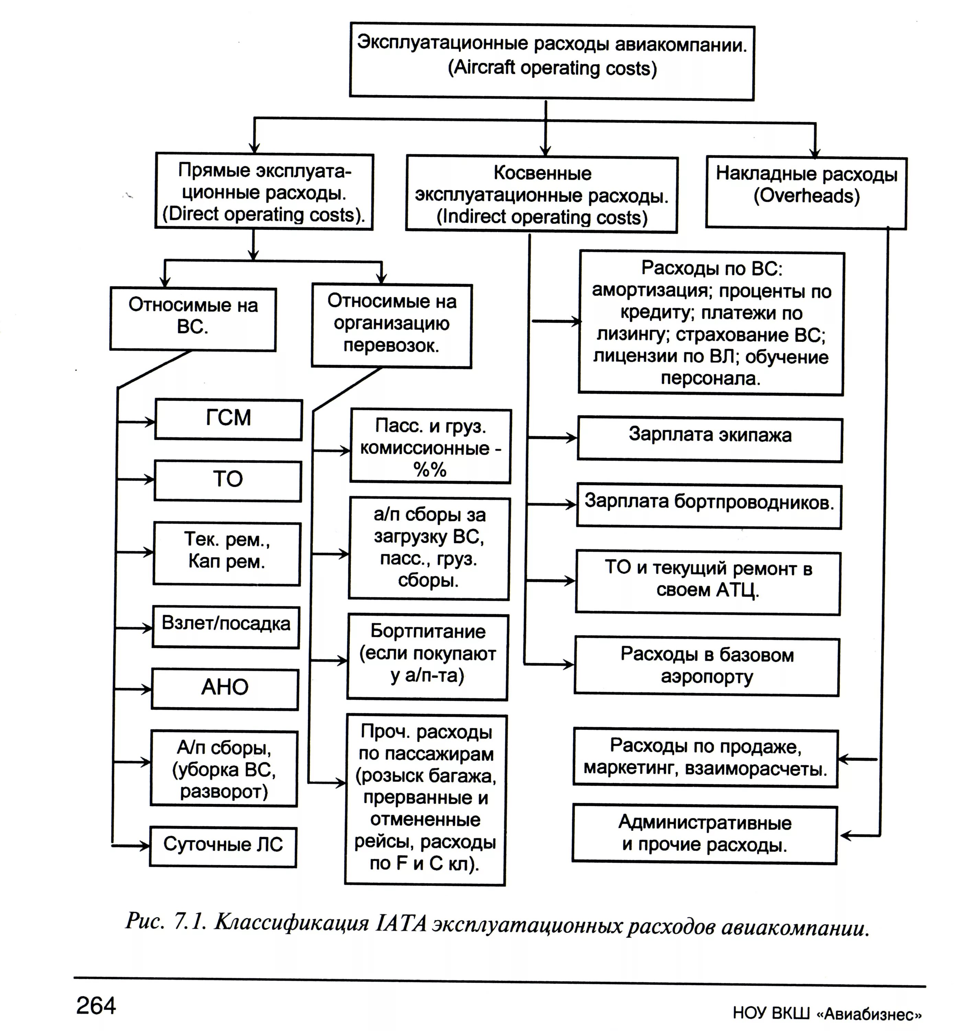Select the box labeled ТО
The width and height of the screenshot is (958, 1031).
click(228, 480)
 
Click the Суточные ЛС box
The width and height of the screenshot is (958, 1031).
click(223, 846)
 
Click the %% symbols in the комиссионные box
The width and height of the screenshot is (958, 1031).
click(430, 470)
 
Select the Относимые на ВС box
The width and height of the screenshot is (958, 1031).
click(193, 319)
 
